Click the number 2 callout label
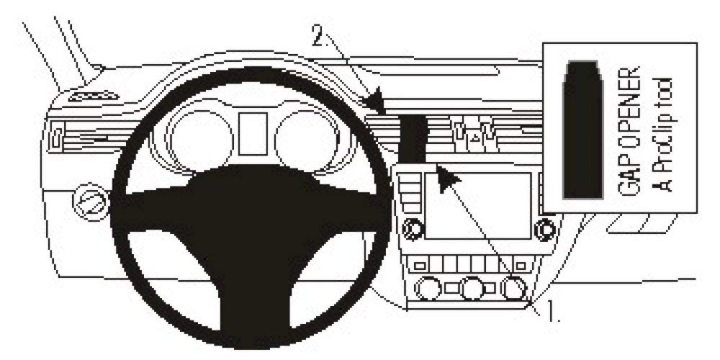point(320,35)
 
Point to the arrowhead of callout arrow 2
point(378,102)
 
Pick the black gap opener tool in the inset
point(582,130)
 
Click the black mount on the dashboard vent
point(412,139)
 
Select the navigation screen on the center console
point(477,206)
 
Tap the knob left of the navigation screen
point(413,228)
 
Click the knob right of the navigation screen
point(546,228)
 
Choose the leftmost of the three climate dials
point(428,289)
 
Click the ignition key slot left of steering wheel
point(91,202)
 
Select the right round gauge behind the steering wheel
point(306,138)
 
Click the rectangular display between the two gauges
point(253,134)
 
